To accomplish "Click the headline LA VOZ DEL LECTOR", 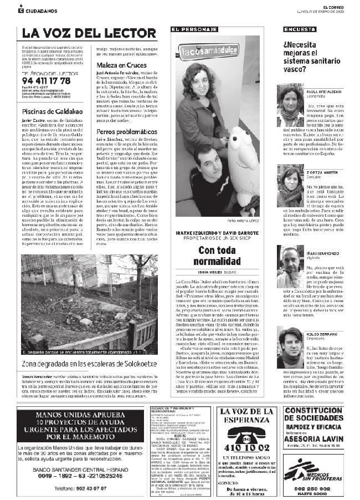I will pos(89,32).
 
